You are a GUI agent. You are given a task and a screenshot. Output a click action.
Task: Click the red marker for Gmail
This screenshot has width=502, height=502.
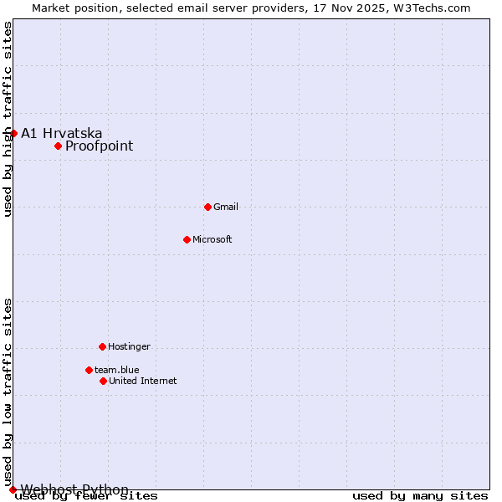click(x=207, y=207)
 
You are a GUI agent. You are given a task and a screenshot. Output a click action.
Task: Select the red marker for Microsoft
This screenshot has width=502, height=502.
click(x=187, y=239)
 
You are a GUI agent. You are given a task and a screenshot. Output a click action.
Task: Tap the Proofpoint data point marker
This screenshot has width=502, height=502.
click(x=58, y=146)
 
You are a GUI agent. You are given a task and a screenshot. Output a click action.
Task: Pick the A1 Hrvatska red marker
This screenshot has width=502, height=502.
click(x=13, y=133)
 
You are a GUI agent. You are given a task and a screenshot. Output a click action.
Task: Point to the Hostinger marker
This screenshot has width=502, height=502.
click(x=102, y=346)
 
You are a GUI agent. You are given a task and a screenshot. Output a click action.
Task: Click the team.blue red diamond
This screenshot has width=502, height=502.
click(x=89, y=370)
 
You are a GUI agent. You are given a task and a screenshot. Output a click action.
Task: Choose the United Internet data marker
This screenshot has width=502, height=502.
click(x=103, y=381)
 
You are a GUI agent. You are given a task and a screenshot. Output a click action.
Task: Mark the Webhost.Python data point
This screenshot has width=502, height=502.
click(x=13, y=489)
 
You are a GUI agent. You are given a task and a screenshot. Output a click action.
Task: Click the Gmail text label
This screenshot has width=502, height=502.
click(x=226, y=207)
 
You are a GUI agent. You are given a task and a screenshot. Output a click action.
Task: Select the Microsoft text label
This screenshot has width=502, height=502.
click(x=213, y=239)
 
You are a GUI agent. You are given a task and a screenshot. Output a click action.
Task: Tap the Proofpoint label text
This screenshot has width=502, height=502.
click(x=99, y=146)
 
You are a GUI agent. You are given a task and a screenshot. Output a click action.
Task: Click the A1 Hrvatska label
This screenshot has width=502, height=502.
click(x=62, y=133)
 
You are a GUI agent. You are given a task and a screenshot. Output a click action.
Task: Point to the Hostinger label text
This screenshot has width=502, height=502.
click(x=129, y=346)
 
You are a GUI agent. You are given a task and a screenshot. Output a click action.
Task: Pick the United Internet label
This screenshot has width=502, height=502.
click(x=142, y=381)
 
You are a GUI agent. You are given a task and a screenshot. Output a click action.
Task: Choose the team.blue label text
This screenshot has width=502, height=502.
click(x=116, y=370)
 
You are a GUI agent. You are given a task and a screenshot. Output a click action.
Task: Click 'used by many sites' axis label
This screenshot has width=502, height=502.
click(x=420, y=495)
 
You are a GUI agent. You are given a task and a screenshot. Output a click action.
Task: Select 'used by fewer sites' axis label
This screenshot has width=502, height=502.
click(x=86, y=495)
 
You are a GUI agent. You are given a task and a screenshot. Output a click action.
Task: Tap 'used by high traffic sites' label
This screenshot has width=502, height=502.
click(x=8, y=119)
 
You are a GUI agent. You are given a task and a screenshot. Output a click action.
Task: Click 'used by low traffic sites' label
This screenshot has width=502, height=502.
click(x=8, y=392)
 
